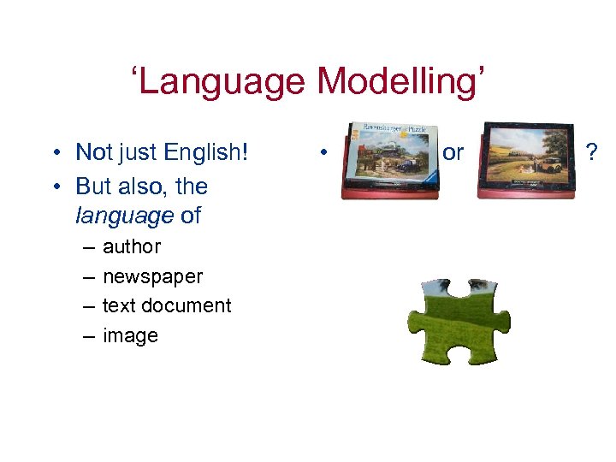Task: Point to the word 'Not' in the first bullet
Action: click(94, 153)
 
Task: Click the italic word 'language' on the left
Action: click(124, 216)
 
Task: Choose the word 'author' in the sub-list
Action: click(131, 247)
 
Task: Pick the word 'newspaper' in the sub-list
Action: click(152, 277)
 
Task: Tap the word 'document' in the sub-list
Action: click(187, 306)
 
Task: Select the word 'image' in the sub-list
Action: click(130, 336)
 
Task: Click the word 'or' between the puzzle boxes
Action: click(453, 153)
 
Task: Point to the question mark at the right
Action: click(589, 153)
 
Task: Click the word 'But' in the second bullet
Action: click(93, 187)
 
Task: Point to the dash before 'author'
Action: click(89, 248)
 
